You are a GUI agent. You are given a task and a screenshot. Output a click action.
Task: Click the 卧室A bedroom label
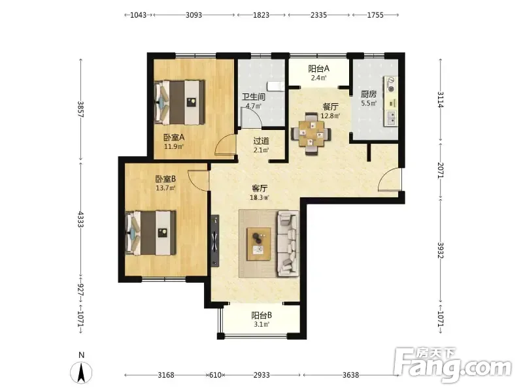[x=174, y=137]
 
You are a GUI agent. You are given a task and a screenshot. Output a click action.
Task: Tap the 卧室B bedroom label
[x=165, y=179]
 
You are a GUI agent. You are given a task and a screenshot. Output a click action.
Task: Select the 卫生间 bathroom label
[x=254, y=97]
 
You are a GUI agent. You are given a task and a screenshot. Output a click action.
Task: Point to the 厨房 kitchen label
[x=369, y=94]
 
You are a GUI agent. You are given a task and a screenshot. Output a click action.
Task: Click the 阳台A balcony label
[x=318, y=69]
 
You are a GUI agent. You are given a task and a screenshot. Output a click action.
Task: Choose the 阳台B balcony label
[x=261, y=316]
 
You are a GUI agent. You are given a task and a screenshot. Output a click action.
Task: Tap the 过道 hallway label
[x=261, y=141]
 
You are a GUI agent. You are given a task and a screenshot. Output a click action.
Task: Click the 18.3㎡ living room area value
[x=260, y=197]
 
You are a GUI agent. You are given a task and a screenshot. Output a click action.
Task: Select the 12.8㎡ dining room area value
[x=330, y=116]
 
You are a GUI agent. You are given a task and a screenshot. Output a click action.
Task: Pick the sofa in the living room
[x=288, y=244]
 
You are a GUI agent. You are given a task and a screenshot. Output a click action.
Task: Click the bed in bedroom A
[x=180, y=103]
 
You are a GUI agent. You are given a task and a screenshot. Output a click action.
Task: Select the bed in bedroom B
[x=151, y=233]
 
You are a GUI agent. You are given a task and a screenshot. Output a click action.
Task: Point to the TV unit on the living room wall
[x=215, y=240]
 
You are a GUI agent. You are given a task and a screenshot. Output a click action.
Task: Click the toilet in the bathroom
[x=277, y=86]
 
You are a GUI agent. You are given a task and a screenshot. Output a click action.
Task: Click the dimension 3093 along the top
[x=194, y=15]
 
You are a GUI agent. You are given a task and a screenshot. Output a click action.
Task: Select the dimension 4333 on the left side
[x=80, y=219]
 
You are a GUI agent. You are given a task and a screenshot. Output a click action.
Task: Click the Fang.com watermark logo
[x=452, y=365]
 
